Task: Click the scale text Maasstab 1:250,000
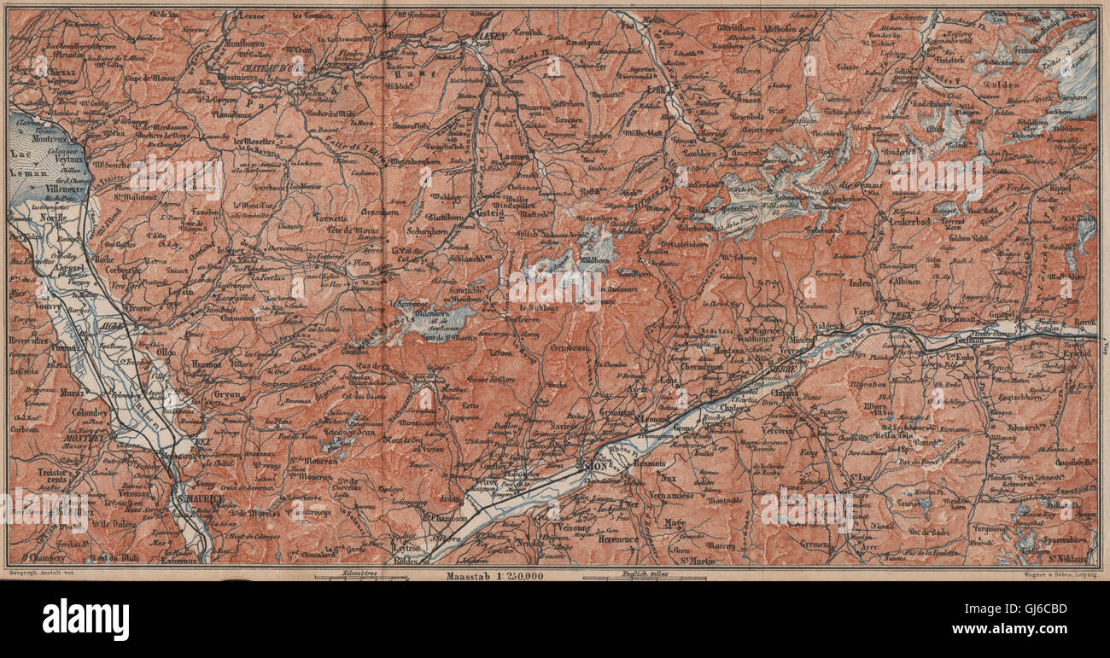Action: [x=493, y=576]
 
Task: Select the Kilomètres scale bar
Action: [x=359, y=578]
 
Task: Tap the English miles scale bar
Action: [x=645, y=578]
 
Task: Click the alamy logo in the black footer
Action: [x=85, y=619]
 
